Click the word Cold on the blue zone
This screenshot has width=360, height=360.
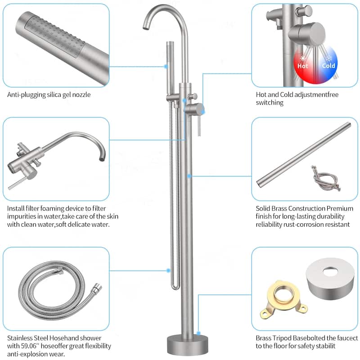[x=328, y=66]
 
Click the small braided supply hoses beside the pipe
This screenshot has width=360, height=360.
[x=325, y=180]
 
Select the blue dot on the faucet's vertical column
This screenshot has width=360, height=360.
[x=190, y=176]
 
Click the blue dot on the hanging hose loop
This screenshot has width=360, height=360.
[x=168, y=270]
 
